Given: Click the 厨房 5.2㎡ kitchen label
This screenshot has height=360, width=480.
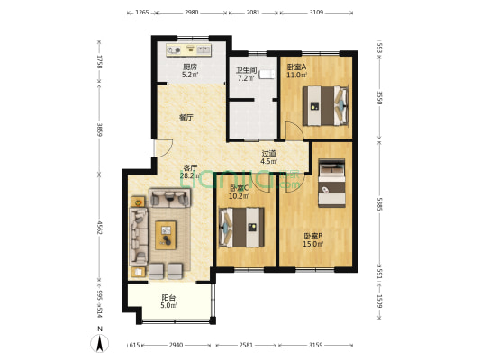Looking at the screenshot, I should [190, 71].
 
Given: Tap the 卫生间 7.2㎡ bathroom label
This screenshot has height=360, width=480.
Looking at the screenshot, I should [247, 75].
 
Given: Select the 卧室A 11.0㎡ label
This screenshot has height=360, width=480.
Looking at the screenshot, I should [296, 71].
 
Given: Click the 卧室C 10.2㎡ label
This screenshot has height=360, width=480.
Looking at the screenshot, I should [239, 192].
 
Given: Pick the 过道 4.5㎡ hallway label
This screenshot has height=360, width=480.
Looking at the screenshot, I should [268, 157].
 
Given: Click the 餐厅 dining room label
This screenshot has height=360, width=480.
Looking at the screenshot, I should [186, 117].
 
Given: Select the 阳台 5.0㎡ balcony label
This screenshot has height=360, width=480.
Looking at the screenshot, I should [168, 301].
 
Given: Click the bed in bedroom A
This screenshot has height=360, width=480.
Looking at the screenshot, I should [324, 104].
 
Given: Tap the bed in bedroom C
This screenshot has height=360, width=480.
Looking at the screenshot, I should [241, 227].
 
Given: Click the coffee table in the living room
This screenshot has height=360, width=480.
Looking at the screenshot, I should [167, 235].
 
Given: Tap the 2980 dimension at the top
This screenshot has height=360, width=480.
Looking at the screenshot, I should [191, 13].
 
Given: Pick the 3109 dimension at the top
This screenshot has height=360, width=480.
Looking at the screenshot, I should [318, 13].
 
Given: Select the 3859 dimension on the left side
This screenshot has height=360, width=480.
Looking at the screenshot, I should [101, 129].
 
